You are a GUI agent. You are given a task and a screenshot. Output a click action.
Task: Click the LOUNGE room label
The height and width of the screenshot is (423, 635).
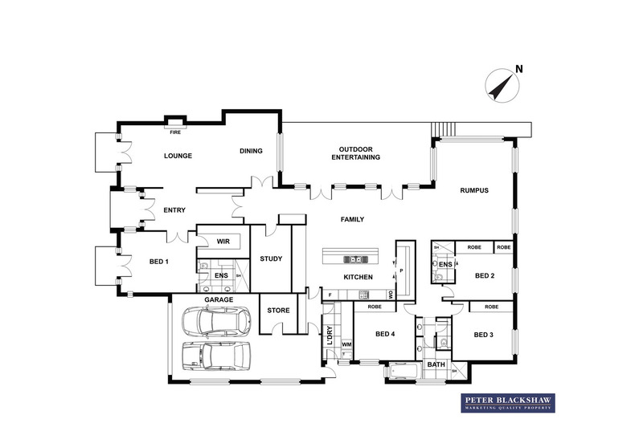pos(178,156)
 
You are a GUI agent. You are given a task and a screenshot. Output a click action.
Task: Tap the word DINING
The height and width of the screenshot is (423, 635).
pos(252,151)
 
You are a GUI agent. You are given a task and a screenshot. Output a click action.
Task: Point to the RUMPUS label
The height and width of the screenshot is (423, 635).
pos(474,190)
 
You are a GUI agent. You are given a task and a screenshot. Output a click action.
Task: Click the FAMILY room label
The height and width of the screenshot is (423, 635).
pos(352,219)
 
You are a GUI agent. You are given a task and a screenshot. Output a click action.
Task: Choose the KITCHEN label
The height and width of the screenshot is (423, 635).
pos(358,277)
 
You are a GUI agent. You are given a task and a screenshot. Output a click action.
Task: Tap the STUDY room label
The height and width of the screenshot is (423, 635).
pos(270,258)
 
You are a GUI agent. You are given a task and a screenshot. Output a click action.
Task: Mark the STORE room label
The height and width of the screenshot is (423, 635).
pos(278,310)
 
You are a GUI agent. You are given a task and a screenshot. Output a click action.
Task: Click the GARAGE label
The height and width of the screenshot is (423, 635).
pos(218,299)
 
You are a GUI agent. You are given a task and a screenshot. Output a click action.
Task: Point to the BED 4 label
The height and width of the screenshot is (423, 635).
pos(385,334)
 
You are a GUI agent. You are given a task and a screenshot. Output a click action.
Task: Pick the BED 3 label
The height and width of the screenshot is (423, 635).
pos(482,335)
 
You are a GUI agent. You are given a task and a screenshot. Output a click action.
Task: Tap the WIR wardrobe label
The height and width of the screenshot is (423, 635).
pos(223,240)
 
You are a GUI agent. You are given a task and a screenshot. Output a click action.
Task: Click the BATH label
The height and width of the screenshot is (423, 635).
pos(436,365)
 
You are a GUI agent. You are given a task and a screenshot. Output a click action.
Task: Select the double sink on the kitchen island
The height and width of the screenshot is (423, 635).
pos(355,259)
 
